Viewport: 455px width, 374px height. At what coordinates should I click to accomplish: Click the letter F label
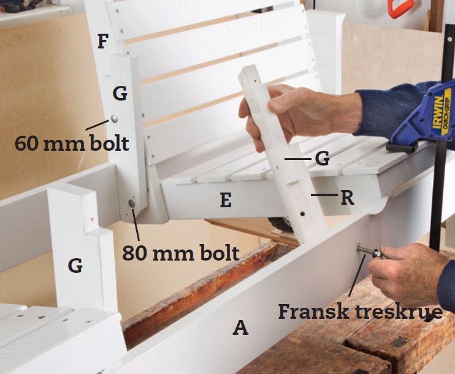pyautogui.click(x=103, y=42)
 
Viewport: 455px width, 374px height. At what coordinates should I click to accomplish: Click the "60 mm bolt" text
pyautogui.click(x=72, y=143)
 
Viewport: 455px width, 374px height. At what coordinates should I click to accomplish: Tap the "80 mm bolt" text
pyautogui.click(x=180, y=253)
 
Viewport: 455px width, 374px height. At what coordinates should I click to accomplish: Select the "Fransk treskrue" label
pyautogui.click(x=361, y=311)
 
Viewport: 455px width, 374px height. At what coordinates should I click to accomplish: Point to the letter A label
pyautogui.click(x=240, y=327)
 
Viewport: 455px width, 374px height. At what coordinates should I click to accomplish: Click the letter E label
pyautogui.click(x=226, y=200)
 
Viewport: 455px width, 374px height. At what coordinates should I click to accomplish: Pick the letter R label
pyautogui.click(x=347, y=197)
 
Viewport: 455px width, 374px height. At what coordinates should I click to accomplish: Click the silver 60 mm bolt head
pyautogui.click(x=114, y=118)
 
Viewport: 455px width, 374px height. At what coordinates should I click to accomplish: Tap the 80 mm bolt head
pyautogui.click(x=132, y=204)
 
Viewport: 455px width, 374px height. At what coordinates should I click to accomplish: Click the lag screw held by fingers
pyautogui.click(x=369, y=251)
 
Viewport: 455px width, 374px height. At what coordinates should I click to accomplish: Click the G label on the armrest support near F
pyautogui.click(x=120, y=94)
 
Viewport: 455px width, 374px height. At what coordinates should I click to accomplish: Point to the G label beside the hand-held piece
pyautogui.click(x=322, y=158)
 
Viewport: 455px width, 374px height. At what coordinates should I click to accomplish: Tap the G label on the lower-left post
pyautogui.click(x=75, y=265)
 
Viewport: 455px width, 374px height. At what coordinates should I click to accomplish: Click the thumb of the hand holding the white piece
pyautogui.click(x=282, y=100)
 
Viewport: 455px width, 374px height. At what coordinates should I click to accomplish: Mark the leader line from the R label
pyautogui.click(x=324, y=195)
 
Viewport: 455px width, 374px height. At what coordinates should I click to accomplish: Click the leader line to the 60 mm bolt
pyautogui.click(x=97, y=125)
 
